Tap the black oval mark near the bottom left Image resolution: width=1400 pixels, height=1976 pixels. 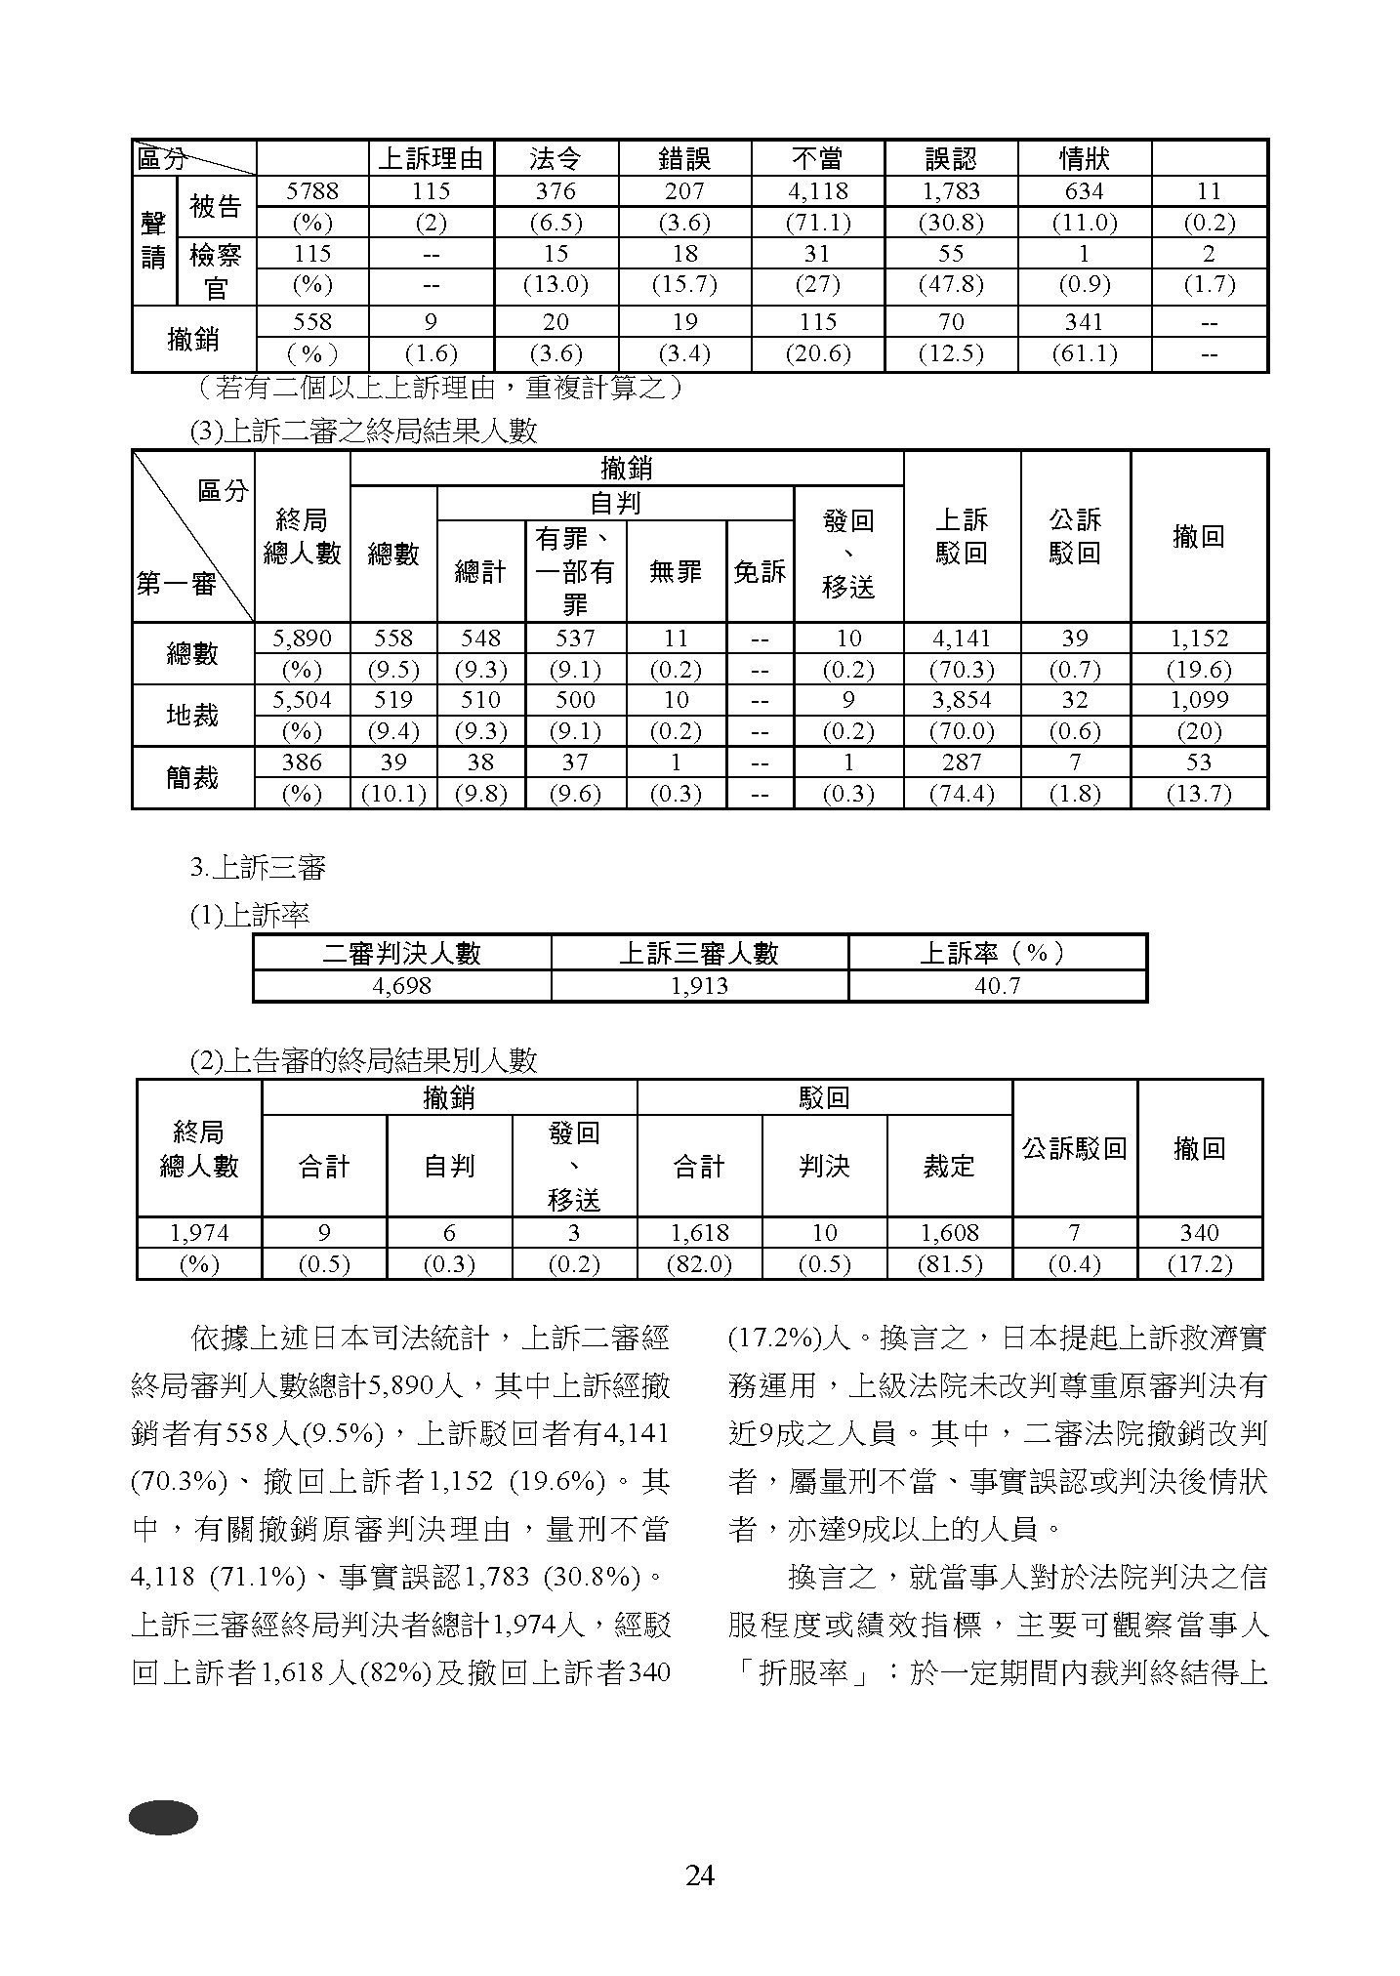pos(163,1817)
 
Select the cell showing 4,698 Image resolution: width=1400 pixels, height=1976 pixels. pos(401,985)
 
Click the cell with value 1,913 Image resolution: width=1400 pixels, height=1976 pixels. pos(699,985)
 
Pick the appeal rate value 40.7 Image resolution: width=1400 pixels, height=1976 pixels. pos(996,985)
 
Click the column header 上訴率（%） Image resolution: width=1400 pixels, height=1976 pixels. pos(996,953)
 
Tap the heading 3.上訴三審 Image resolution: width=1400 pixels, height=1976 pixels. pos(258,867)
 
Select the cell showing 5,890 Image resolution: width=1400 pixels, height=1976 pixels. pos(302,638)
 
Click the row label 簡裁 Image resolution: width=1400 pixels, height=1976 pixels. pos(192,778)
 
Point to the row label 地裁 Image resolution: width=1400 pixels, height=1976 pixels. pos(192,716)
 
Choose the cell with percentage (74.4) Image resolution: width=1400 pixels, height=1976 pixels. pos(961,794)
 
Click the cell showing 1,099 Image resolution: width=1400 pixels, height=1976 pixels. pos(1198,700)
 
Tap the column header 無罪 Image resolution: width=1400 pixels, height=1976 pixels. pos(676,572)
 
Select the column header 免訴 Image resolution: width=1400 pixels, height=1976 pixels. pos(760,572)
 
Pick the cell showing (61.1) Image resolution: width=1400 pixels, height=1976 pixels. pos(1084,353)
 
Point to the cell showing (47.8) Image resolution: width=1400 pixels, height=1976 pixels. pos(950,285)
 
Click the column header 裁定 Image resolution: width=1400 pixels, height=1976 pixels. pos(949,1166)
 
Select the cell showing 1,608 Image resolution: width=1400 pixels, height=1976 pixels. pos(949,1233)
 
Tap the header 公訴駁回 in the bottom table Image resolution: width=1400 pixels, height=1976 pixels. pos(1074,1148)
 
